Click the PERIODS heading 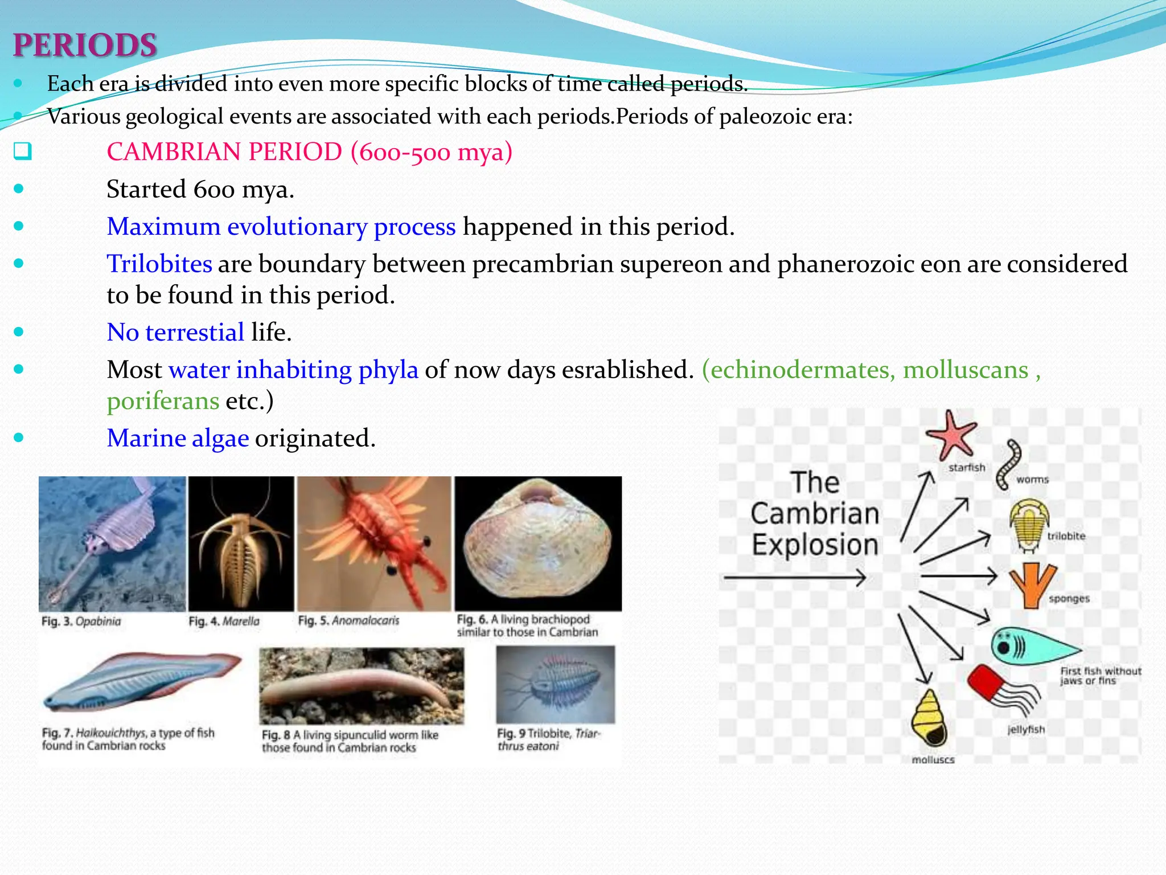[85, 46]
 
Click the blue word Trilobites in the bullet [159, 264]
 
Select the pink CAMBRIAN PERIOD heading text [309, 152]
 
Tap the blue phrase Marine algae [178, 438]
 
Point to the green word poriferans [163, 401]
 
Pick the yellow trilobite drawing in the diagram [1029, 524]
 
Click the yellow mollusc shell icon [929, 718]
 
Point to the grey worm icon [1008, 464]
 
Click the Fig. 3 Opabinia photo [112, 543]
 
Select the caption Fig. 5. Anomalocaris [348, 620]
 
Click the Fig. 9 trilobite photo [555, 684]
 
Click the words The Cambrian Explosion [815, 514]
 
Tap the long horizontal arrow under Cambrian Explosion [794, 578]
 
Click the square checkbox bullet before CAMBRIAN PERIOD [22, 152]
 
